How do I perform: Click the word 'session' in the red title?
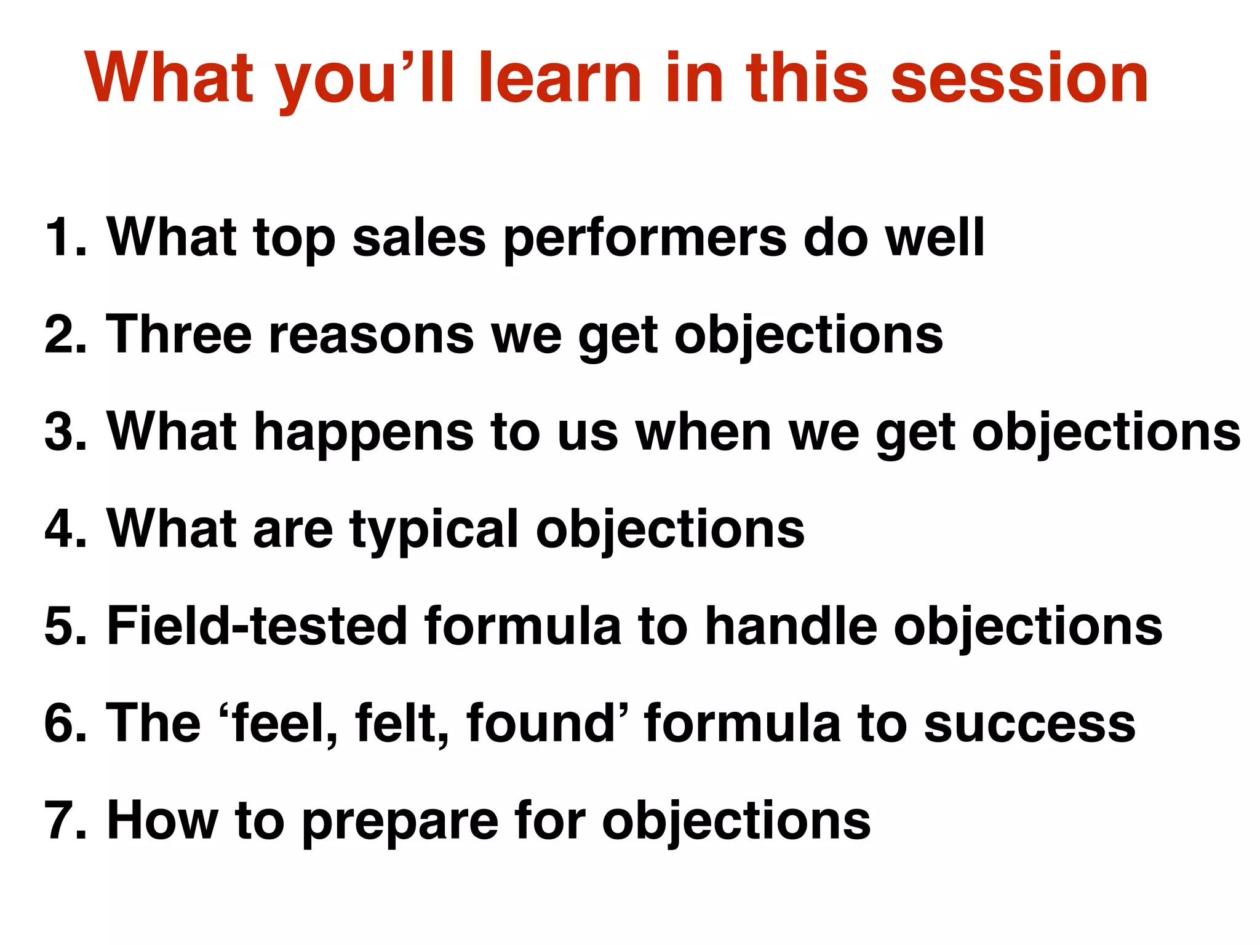(1019, 79)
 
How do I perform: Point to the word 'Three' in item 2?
(179, 335)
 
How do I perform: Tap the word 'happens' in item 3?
(364, 434)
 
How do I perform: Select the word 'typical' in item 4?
(434, 530)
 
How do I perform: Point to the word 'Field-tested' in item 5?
(257, 626)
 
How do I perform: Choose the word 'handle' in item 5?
(791, 626)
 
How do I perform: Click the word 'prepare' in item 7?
(400, 823)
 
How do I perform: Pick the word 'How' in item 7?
(162, 821)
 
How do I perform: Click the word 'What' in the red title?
(169, 79)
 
